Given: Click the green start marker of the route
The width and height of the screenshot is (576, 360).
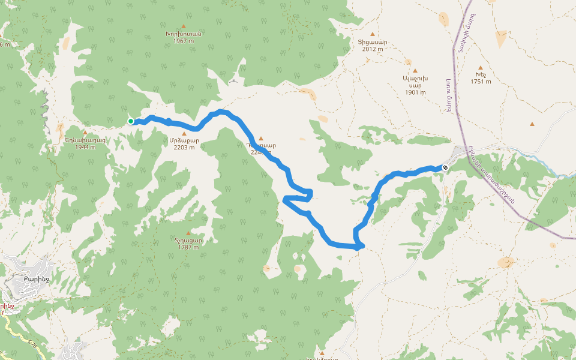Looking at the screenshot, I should (x=131, y=121).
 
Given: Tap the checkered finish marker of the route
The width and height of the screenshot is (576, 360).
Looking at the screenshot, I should (x=445, y=168).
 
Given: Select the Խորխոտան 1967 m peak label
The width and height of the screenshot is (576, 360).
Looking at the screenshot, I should (x=183, y=37).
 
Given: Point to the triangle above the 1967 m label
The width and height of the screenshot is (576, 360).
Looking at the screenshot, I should (x=183, y=26).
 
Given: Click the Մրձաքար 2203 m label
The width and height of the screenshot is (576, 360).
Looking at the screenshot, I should (x=184, y=144).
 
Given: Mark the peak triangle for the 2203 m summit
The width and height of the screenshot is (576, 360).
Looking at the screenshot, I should (x=184, y=133).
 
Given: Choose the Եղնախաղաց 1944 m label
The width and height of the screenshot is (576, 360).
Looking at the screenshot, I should (x=85, y=143).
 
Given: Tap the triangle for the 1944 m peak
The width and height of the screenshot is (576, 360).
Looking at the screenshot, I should (x=85, y=133).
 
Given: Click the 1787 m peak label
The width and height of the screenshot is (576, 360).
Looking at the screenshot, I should (x=188, y=244).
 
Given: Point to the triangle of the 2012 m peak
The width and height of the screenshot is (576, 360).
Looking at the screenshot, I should (x=372, y=34).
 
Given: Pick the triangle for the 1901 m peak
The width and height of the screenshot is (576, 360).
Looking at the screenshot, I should (x=415, y=70).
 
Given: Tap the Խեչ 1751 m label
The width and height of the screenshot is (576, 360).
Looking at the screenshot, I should (x=481, y=78).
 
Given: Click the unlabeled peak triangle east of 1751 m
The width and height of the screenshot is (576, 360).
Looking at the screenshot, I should (x=532, y=124).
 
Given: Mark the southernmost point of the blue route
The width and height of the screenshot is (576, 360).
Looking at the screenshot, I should (x=358, y=247).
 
